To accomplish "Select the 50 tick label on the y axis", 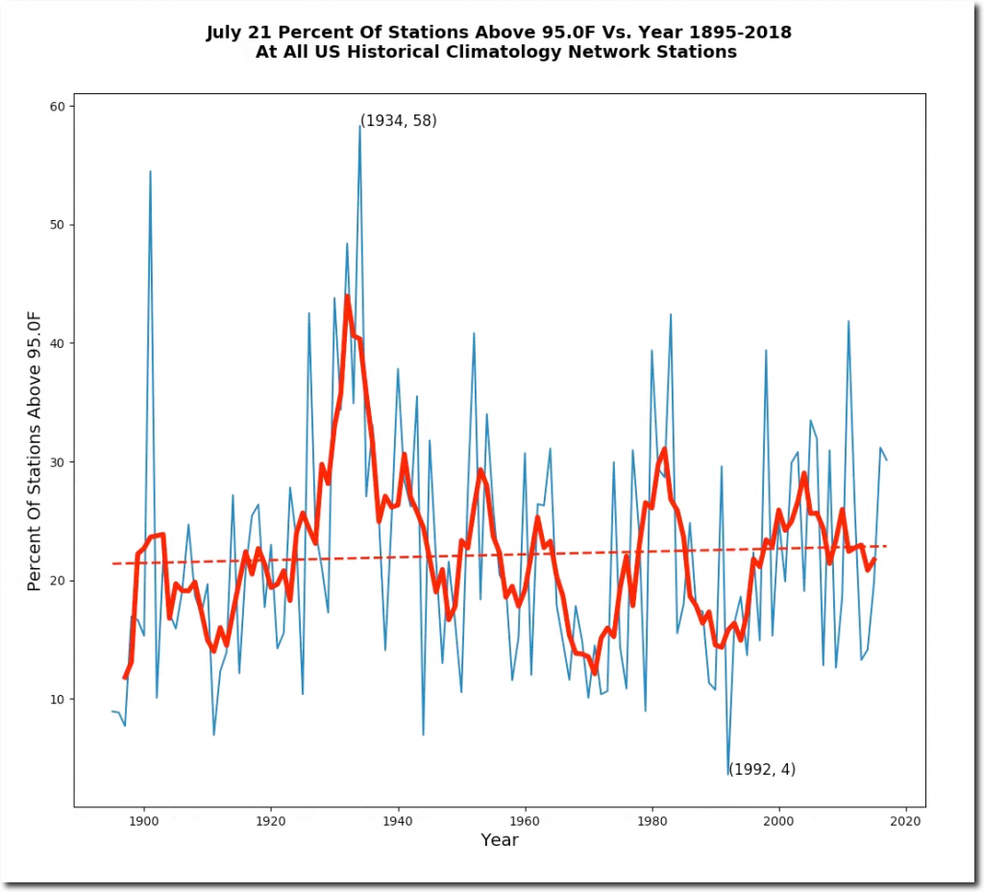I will click(x=58, y=225).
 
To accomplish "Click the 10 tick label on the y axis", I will click(x=58, y=699).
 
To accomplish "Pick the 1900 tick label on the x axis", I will click(x=143, y=821).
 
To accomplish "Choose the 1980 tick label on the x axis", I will click(x=652, y=821).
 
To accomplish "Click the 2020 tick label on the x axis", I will click(x=905, y=821).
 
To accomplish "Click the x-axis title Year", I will click(x=500, y=840).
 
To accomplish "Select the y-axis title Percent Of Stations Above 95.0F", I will click(x=36, y=450).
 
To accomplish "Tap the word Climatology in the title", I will click(x=501, y=52).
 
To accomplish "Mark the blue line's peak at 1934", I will click(x=359, y=126).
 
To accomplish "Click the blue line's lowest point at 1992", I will click(x=727, y=774).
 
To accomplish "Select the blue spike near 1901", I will click(x=150, y=171).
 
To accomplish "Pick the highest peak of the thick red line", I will click(x=347, y=296).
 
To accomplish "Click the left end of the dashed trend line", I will click(x=112, y=563).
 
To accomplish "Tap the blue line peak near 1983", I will click(x=671, y=314).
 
